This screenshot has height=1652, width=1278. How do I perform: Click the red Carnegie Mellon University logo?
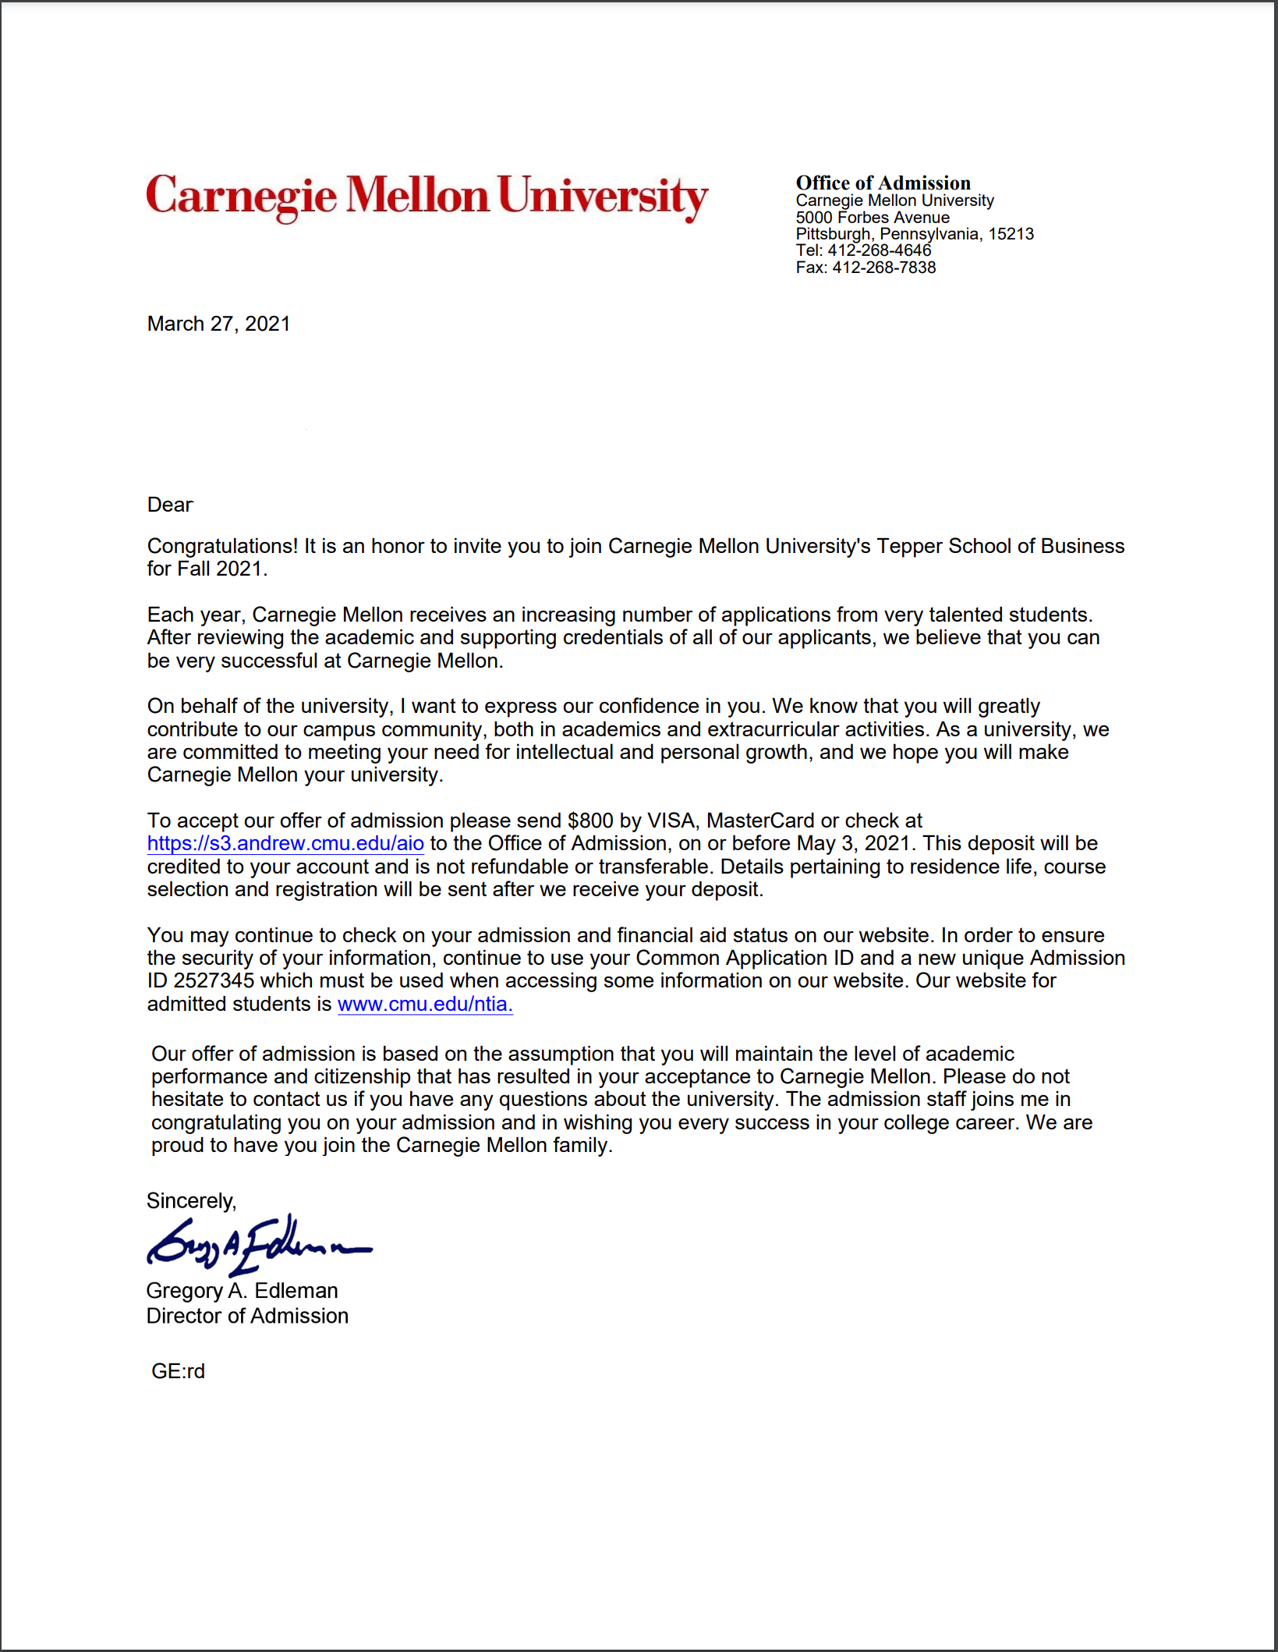coord(427,196)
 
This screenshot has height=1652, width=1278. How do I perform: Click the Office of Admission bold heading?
coord(883,183)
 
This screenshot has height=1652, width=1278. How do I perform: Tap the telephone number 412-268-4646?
coord(879,250)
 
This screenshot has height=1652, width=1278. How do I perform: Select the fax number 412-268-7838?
coord(883,268)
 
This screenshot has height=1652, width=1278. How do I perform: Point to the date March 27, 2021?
coord(218,324)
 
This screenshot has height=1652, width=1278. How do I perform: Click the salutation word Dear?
coord(170,505)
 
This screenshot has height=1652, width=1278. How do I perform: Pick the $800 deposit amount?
coord(590,821)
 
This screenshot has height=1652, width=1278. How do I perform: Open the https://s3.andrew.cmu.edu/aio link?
coord(285,843)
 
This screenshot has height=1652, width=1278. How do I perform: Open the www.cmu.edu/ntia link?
coord(425,1004)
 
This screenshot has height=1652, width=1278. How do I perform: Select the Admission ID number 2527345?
coord(214,980)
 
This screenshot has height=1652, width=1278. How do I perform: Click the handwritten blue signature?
coord(257,1243)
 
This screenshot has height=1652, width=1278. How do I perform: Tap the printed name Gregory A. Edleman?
coord(242,1291)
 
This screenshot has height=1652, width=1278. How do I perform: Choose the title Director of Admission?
coord(247,1316)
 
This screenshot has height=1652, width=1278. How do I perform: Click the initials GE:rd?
coord(178,1371)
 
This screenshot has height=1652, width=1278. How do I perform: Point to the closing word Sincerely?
coord(190,1200)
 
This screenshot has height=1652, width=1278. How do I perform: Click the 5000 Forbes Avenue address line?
coord(873,218)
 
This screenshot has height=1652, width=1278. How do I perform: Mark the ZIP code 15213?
coord(1011,234)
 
